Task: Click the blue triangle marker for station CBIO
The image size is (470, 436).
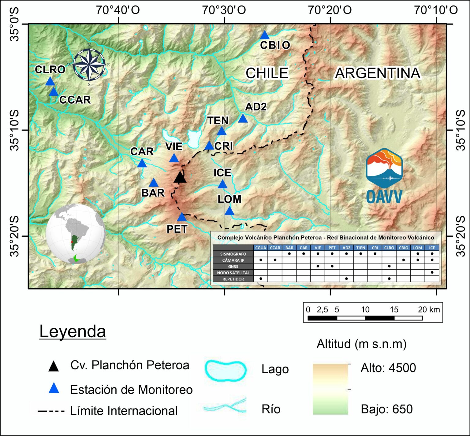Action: pyautogui.click(x=265, y=35)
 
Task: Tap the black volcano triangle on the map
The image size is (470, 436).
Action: pyautogui.click(x=180, y=177)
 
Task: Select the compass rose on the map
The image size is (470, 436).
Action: pyautogui.click(x=89, y=65)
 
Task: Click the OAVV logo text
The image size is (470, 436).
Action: pyautogui.click(x=384, y=197)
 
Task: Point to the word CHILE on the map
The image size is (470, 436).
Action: pyautogui.click(x=267, y=73)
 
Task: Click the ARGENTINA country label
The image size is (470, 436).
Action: pyautogui.click(x=378, y=73)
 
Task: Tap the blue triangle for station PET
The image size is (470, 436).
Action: pyautogui.click(x=182, y=217)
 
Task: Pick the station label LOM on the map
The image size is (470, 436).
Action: pyautogui.click(x=229, y=199)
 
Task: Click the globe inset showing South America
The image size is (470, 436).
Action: pyautogui.click(x=75, y=234)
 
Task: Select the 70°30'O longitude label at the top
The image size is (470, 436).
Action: pyautogui.click(x=224, y=10)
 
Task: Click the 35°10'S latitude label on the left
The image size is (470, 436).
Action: pyautogui.click(x=14, y=130)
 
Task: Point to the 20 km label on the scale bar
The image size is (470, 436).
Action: pyautogui.click(x=429, y=309)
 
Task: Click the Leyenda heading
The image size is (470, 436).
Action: pyautogui.click(x=73, y=331)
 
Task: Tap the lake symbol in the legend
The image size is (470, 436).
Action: pyautogui.click(x=226, y=371)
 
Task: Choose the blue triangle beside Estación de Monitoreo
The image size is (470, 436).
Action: pyautogui.click(x=54, y=388)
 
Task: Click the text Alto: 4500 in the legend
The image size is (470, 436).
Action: pyautogui.click(x=388, y=368)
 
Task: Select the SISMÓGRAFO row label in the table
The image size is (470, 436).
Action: pyautogui.click(x=233, y=254)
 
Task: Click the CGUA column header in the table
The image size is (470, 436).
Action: pyautogui.click(x=261, y=248)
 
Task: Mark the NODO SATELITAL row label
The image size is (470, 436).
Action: pyautogui.click(x=233, y=273)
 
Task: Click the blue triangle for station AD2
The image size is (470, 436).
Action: pyautogui.click(x=243, y=118)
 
